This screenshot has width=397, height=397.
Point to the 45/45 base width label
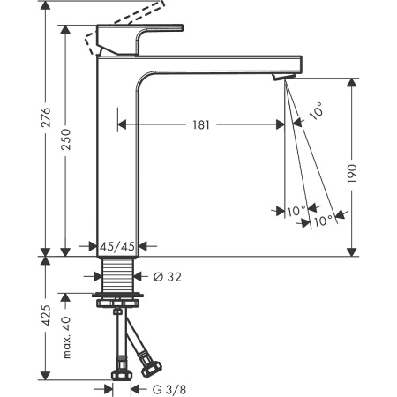[117, 247]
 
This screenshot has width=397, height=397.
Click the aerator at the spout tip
[282, 79]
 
